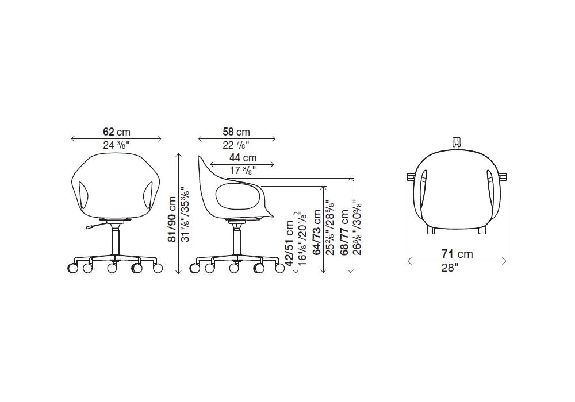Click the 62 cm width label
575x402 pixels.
pyautogui.click(x=117, y=132)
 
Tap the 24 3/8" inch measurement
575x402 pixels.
pyautogui.click(x=116, y=145)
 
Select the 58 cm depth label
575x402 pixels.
pyautogui.click(x=236, y=132)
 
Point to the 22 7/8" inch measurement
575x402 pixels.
pyautogui.click(x=236, y=145)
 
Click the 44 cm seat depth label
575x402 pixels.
pyautogui.click(x=243, y=158)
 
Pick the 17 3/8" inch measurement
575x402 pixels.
pyautogui.click(x=243, y=170)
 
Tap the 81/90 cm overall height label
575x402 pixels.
pyautogui.click(x=171, y=219)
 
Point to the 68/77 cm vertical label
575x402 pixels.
pyautogui.click(x=344, y=232)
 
